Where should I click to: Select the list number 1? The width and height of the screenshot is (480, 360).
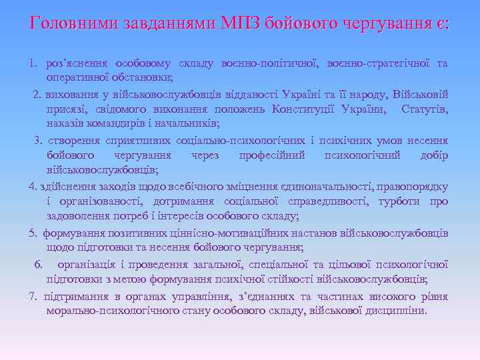tap(32, 63)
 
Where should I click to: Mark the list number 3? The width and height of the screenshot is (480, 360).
tap(38, 140)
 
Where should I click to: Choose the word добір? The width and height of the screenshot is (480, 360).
tap(433, 155)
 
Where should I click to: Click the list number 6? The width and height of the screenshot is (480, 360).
tap(38, 263)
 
